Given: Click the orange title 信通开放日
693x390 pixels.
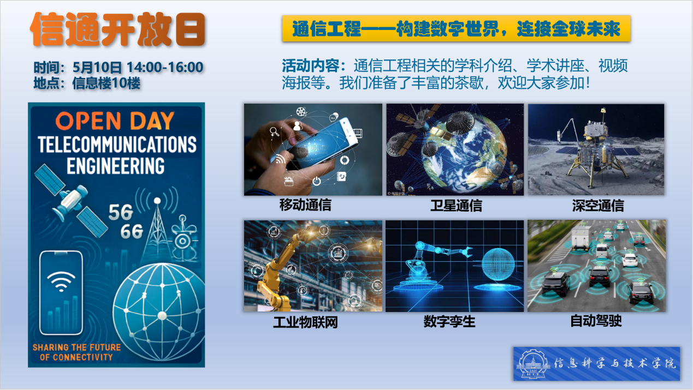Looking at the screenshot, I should click(117, 29).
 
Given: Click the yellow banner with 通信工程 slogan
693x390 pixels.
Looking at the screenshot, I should click(456, 29).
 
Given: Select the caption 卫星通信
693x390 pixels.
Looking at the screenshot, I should click(455, 206).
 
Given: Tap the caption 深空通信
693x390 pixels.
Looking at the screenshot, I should click(597, 206).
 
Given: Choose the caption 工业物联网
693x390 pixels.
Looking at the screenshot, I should click(305, 322).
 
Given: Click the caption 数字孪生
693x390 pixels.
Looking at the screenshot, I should click(449, 322).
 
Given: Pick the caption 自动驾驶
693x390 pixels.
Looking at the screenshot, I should click(596, 321).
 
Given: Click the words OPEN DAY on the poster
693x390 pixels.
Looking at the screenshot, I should click(115, 121).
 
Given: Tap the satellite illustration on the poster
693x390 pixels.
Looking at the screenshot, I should click(70, 201).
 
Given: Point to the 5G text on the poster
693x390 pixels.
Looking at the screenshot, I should click(121, 212).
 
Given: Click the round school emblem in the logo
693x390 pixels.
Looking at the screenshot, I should click(532, 364).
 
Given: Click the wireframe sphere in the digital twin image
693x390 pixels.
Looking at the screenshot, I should click(501, 266).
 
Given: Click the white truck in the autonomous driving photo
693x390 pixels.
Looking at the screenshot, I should click(581, 238).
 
